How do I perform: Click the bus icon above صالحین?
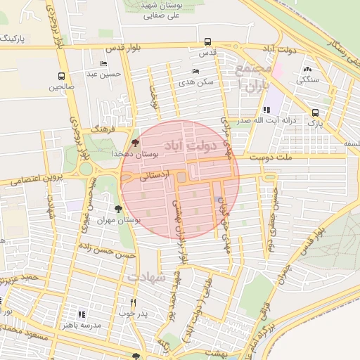click(62, 77)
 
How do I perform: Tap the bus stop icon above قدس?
click(207, 42)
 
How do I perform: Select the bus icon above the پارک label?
click(314, 112)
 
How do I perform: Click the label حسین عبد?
click(104, 74)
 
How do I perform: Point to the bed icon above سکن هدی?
click(195, 72)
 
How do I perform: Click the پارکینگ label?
click(15, 37)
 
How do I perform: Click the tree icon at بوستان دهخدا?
click(135, 143)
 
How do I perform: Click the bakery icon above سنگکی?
click(308, 69)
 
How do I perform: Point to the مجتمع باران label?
click(253, 76)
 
